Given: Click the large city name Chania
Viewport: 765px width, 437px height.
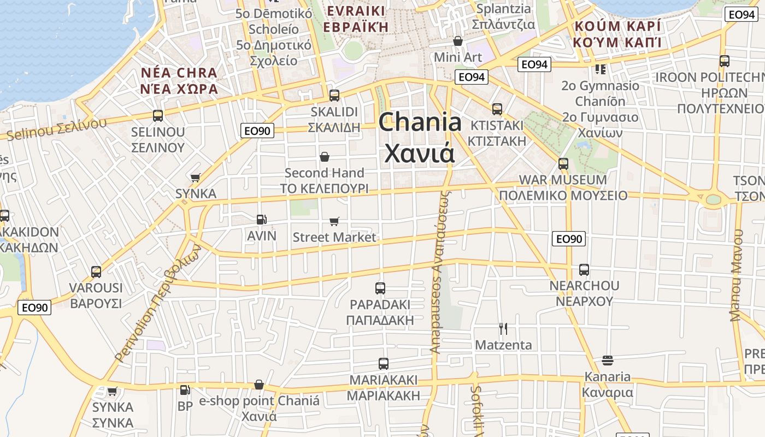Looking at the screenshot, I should [420, 122].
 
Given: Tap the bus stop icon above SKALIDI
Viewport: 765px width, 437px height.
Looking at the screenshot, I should [334, 96].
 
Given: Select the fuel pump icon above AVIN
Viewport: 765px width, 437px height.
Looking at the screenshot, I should [262, 220].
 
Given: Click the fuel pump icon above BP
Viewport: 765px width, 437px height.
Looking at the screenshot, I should [185, 390].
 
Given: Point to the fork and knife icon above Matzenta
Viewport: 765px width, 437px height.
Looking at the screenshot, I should [503, 328].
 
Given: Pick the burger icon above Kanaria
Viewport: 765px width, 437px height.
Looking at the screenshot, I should [607, 361].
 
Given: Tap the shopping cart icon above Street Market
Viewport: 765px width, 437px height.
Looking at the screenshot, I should [334, 221].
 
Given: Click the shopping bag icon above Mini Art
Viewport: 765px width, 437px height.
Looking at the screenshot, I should [458, 41].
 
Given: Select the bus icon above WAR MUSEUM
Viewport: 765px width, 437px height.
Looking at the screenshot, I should [563, 163].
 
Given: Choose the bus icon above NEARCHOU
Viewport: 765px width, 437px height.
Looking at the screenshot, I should [584, 269].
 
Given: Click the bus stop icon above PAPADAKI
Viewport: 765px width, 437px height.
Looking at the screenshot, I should [380, 288].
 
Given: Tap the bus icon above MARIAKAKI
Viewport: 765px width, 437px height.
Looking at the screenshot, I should [384, 363].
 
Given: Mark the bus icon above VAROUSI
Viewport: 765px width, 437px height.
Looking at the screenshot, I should [96, 271].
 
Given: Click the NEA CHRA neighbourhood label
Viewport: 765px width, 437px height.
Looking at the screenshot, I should [179, 73].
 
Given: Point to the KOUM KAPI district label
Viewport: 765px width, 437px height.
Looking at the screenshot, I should [617, 26].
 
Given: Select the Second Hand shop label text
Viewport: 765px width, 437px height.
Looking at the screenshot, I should [324, 173].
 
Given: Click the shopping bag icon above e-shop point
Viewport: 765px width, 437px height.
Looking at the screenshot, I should [259, 385].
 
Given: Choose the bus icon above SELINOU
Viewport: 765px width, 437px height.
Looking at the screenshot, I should [158, 115].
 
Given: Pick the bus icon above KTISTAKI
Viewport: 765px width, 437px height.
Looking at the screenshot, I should [497, 109].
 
